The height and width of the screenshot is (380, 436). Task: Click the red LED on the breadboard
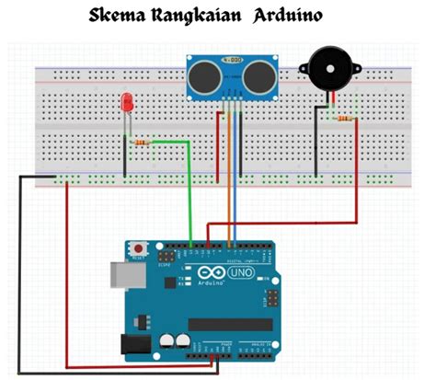(x=126, y=103)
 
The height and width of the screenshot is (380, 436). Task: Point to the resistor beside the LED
(x=141, y=143)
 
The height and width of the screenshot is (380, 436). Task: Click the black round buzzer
(x=327, y=70)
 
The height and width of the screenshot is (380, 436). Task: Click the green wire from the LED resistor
(x=189, y=193)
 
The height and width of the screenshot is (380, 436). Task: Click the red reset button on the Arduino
(x=140, y=248)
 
